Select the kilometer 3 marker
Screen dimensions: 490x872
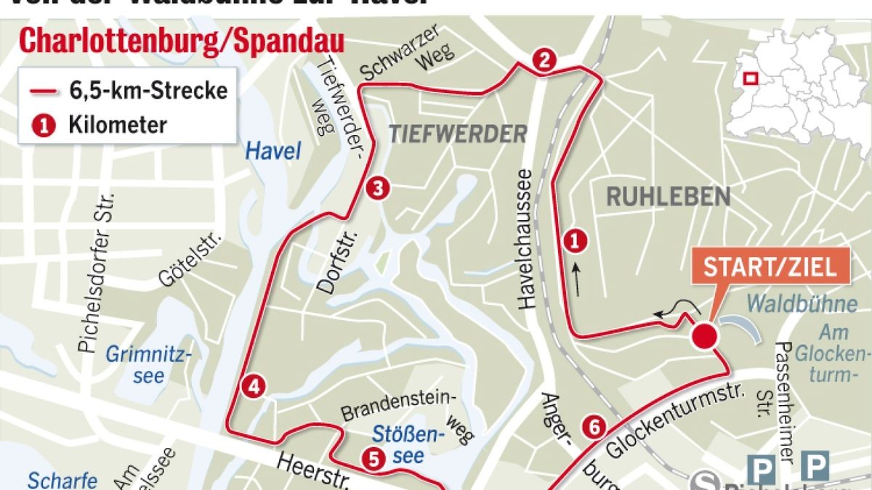pyautogui.click(x=378, y=189)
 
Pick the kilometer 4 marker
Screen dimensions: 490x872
pyautogui.click(x=253, y=387)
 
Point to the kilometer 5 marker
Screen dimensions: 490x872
pyautogui.click(x=373, y=458)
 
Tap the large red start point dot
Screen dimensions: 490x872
pyautogui.click(x=704, y=337)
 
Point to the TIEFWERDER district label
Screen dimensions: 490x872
pyautogui.click(x=457, y=134)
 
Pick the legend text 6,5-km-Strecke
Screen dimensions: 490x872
pyautogui.click(x=149, y=91)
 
